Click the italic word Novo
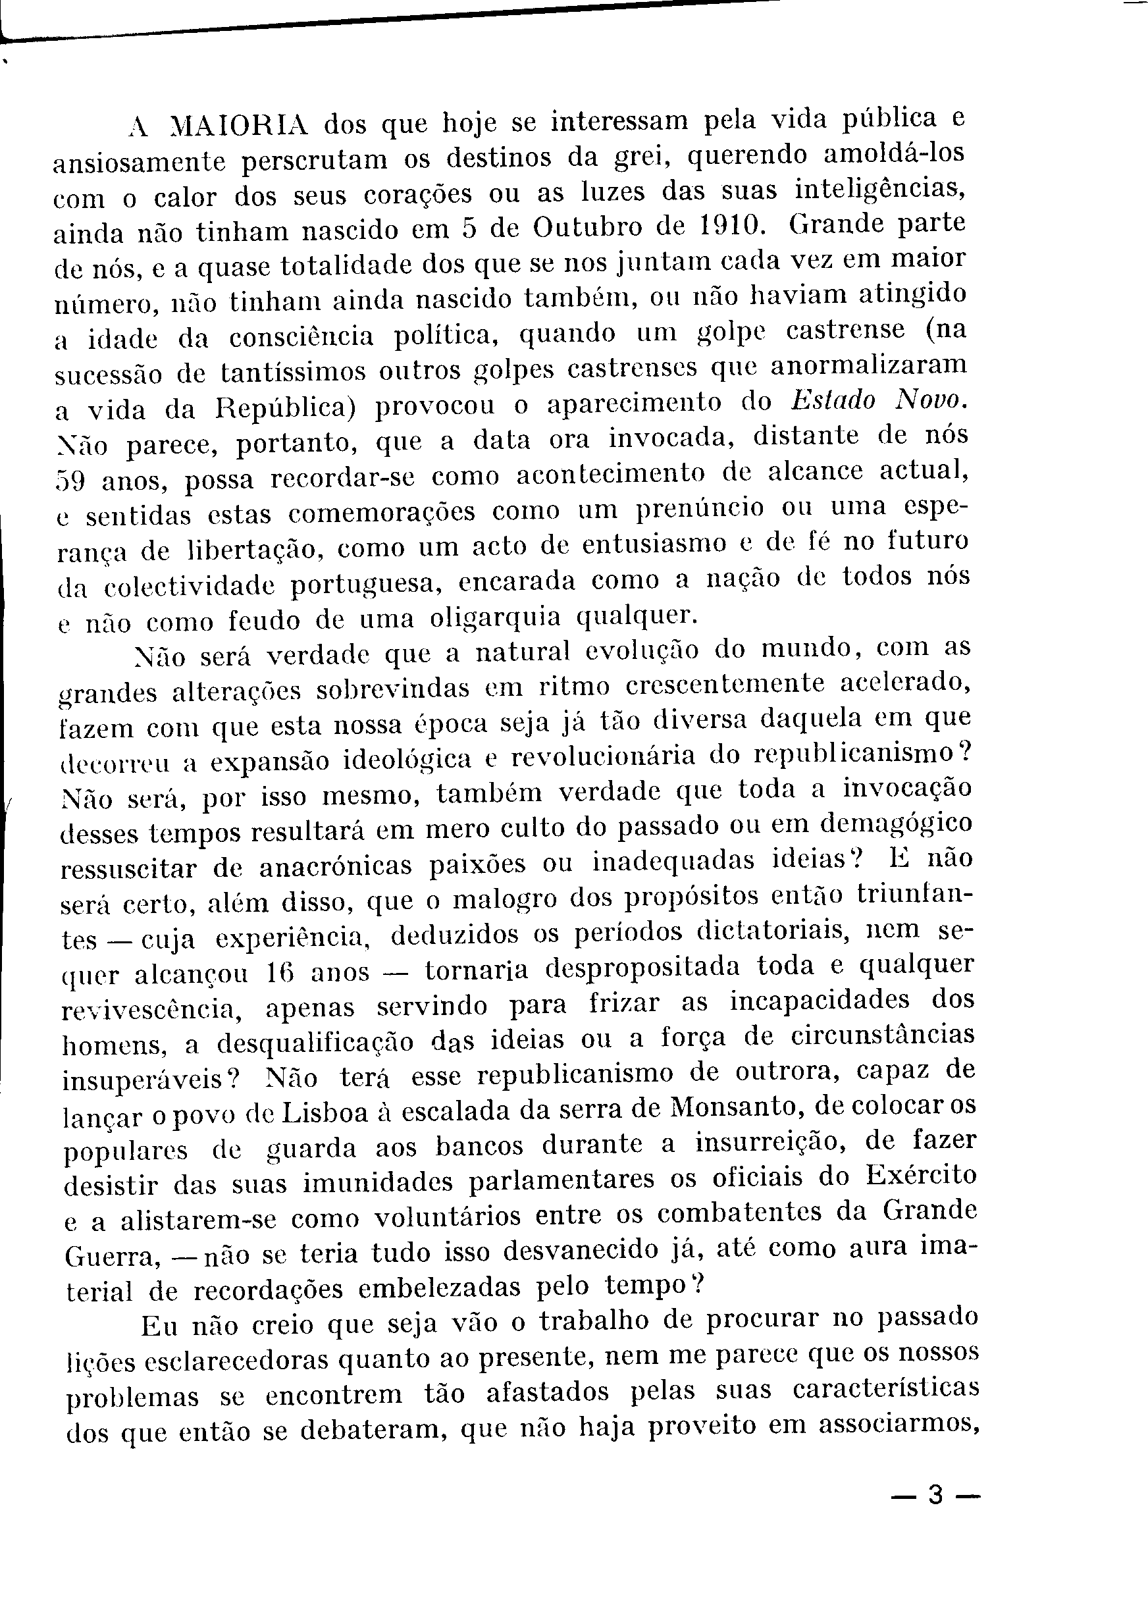point(929,400)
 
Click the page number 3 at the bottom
point(935,1495)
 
